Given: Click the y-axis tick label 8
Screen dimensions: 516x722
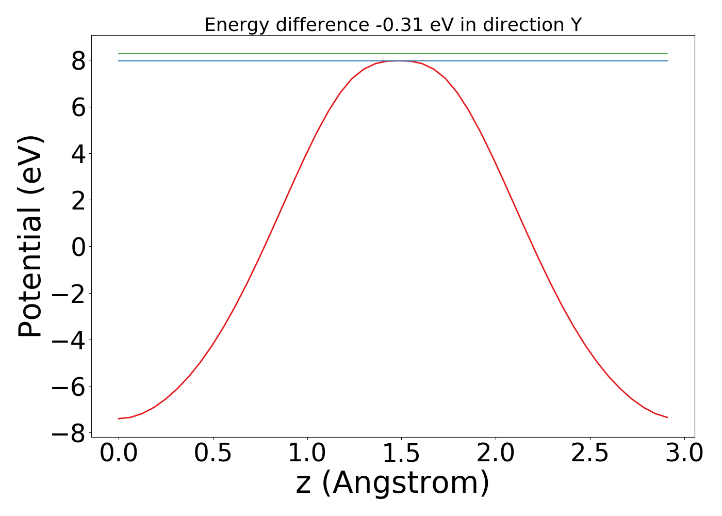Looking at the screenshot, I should point(78,61).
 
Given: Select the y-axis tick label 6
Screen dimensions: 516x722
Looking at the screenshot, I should point(78,107).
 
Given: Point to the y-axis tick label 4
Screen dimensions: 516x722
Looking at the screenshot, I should point(78,154).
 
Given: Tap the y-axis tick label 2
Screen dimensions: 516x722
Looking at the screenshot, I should point(78,200).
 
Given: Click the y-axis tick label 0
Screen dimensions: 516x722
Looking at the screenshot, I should point(78,247).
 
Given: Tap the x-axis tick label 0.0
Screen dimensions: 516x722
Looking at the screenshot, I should point(119,453).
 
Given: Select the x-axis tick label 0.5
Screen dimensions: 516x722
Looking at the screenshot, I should point(213,453).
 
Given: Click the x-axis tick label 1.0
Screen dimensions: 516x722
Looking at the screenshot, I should point(307,453).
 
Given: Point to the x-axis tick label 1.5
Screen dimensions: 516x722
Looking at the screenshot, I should point(401,453).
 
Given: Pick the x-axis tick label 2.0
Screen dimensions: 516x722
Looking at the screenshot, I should point(496,453).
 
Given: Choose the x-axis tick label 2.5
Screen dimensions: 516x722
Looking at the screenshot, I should point(590,453).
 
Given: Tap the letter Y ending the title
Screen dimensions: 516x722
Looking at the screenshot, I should point(576,25).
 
